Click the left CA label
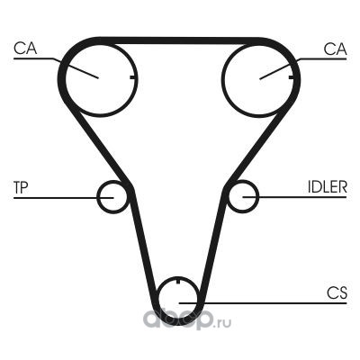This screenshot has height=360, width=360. (x=25, y=49)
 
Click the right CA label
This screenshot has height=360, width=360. (x=335, y=49)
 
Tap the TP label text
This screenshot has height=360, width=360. (x=21, y=187)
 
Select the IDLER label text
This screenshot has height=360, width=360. (x=328, y=186)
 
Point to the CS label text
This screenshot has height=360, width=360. (x=337, y=293)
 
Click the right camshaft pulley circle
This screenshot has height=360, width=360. (x=222, y=78)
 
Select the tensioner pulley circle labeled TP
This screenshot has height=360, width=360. (x=97, y=197)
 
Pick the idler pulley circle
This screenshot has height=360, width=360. (x=258, y=197)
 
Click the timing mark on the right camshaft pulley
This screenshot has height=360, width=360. (x=291, y=77)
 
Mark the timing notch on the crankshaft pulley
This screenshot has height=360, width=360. (x=177, y=281)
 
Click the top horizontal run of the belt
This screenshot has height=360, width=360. (x=180, y=41)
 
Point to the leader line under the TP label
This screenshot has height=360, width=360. (x=64, y=198)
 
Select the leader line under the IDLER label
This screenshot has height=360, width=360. (x=294, y=197)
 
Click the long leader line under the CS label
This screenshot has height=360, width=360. (x=263, y=303)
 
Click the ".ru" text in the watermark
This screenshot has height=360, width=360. (x=222, y=323)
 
